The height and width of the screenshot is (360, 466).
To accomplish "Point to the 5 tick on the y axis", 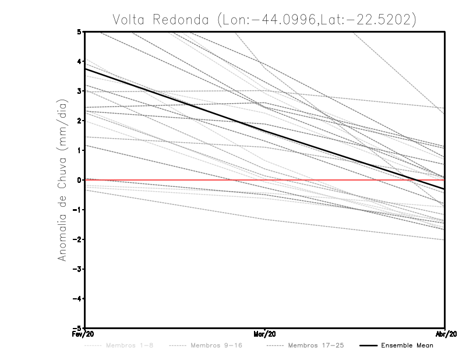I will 79,31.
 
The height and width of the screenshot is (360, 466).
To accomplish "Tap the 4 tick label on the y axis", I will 79,61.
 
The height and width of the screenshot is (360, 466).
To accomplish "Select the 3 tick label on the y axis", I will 79,91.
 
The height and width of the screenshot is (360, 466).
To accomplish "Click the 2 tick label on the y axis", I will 79,121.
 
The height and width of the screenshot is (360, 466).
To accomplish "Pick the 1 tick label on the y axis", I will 79,150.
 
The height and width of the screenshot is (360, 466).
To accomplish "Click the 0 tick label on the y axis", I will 79,180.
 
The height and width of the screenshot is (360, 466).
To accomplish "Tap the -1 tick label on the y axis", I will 77,210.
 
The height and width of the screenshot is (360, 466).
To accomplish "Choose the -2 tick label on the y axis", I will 77,239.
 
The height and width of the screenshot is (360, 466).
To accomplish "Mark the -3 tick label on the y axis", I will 77,269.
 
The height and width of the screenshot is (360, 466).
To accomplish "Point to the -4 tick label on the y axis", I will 77,299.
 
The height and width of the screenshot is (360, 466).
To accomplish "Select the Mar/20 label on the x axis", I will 265,334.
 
